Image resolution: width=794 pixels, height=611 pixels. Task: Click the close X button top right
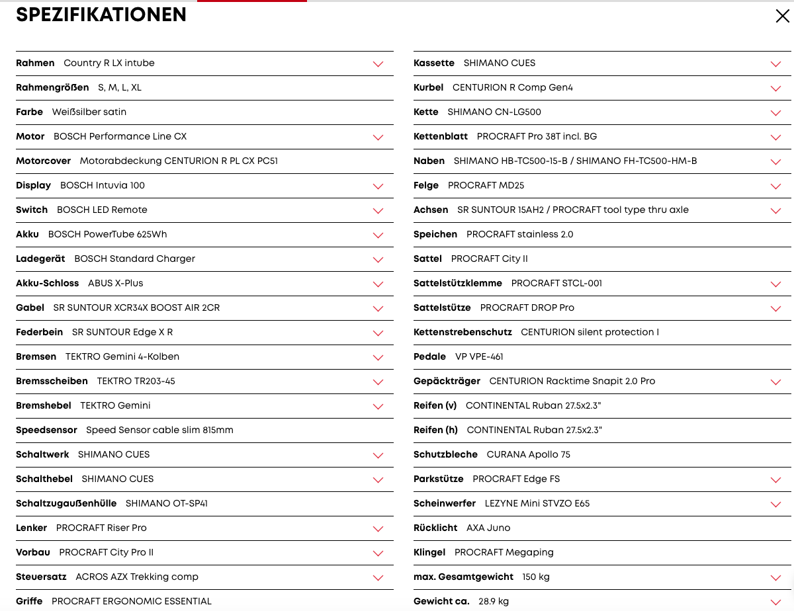click(782, 17)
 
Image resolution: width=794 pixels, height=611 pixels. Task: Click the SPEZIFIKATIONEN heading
click(101, 15)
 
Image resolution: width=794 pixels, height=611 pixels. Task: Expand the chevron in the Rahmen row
click(378, 64)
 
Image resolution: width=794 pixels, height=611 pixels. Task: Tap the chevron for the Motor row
click(378, 138)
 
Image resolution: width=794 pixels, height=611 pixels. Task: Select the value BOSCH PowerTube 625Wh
click(107, 234)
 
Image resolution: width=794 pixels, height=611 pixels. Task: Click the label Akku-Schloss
click(47, 283)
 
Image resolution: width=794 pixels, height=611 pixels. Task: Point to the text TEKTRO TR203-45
click(136, 381)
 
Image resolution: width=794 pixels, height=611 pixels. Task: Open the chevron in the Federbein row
click(378, 333)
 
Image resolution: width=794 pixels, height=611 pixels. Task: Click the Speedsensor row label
click(46, 430)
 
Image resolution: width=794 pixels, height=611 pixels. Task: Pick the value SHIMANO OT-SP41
click(167, 503)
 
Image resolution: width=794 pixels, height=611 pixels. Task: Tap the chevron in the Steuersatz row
click(378, 578)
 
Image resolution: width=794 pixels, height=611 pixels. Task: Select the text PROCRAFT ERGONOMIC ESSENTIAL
click(132, 601)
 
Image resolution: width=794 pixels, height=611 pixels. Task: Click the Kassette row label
click(434, 63)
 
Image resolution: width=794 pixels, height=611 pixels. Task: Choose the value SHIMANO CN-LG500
click(494, 112)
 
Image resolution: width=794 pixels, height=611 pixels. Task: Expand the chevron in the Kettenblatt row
click(775, 138)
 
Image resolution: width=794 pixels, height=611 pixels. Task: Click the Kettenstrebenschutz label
click(463, 332)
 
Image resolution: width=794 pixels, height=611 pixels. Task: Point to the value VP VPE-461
click(479, 356)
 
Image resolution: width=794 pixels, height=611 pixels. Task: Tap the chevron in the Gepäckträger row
click(775, 382)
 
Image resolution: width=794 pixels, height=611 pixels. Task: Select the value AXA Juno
click(488, 528)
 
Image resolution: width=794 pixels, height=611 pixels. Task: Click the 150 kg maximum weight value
click(536, 577)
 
